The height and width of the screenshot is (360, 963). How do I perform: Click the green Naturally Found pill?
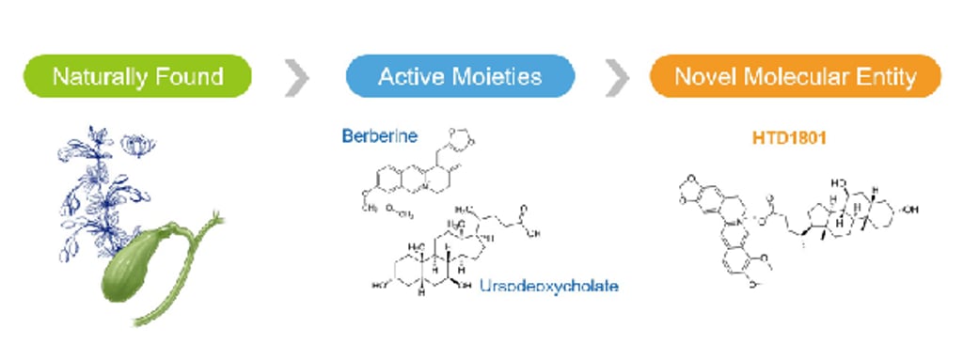click(x=137, y=76)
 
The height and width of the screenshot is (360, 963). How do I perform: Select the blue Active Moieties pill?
click(x=460, y=76)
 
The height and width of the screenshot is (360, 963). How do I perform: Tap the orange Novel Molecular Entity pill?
click(x=795, y=76)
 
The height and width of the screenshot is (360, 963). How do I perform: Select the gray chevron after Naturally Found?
click(x=297, y=77)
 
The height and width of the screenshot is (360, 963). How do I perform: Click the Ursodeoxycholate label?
click(x=548, y=285)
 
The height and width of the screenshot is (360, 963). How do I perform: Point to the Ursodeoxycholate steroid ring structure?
click(x=433, y=258)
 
